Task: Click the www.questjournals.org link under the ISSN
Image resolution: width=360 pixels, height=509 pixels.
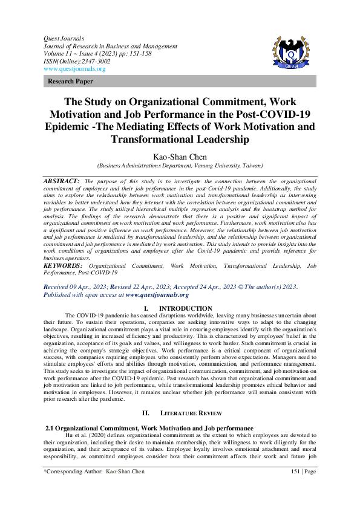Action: pos(74,69)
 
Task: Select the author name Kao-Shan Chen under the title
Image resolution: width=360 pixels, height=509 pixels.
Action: pos(180,157)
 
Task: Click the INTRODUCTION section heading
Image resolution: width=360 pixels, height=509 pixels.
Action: pos(188,308)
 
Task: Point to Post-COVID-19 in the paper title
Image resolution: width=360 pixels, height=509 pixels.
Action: pos(283,114)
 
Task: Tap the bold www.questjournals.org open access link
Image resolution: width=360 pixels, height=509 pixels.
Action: pos(157,294)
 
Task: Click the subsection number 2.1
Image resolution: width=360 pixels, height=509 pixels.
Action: pos(51,428)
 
